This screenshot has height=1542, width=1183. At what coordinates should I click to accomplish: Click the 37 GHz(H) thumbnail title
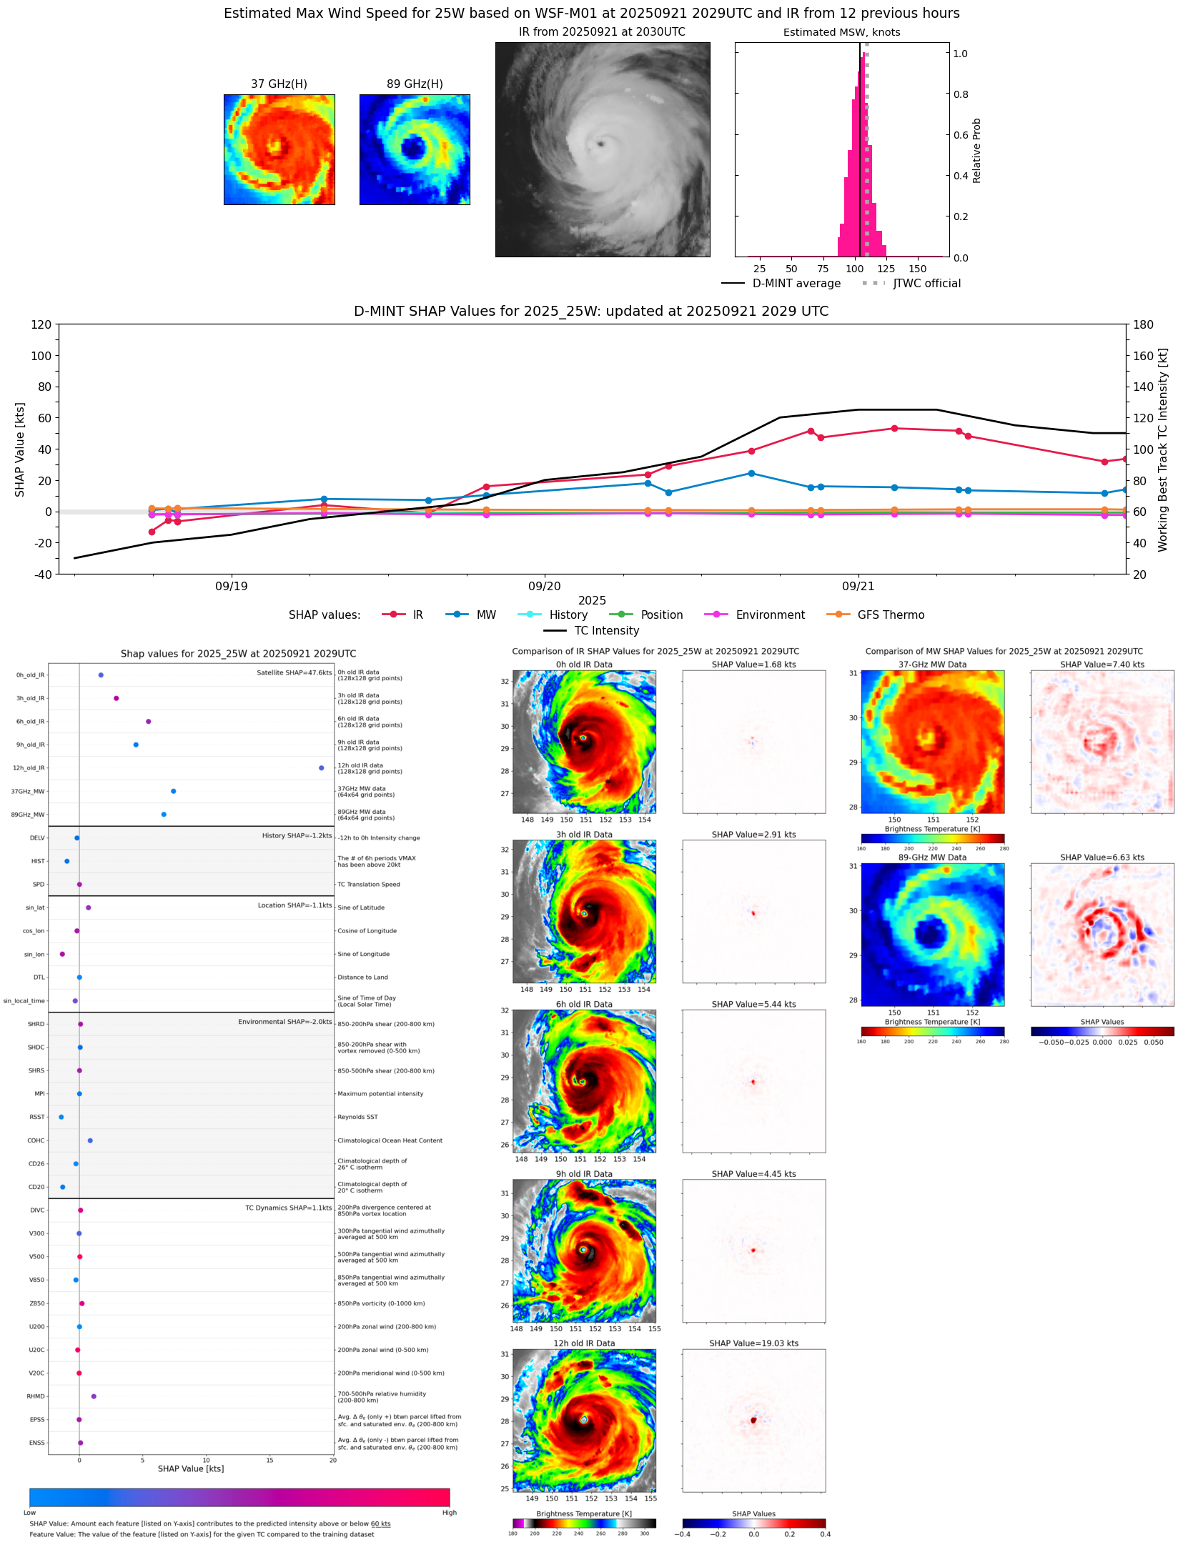[279, 84]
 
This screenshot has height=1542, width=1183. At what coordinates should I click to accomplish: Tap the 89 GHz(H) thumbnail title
[415, 84]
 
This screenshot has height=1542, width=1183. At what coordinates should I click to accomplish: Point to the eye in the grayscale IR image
[600, 144]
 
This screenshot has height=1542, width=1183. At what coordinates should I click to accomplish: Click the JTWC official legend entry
[926, 284]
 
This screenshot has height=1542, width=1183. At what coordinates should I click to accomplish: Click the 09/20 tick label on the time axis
[545, 587]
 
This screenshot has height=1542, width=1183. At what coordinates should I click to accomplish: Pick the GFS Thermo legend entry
[891, 615]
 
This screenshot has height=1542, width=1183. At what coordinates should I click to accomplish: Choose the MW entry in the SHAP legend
[486, 615]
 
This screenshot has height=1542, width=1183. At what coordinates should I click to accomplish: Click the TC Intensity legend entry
[606, 631]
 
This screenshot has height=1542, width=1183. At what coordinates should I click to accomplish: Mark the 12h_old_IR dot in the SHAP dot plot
[322, 768]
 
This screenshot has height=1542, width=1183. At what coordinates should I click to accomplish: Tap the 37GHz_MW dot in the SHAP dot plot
[174, 791]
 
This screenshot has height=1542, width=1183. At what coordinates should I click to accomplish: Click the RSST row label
[37, 1117]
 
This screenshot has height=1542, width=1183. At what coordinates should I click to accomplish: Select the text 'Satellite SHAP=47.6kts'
[294, 673]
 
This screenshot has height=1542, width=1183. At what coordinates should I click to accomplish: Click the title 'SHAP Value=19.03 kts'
[753, 1343]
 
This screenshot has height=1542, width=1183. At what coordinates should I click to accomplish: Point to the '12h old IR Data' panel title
[584, 1343]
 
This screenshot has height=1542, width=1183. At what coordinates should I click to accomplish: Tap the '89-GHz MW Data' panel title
[932, 857]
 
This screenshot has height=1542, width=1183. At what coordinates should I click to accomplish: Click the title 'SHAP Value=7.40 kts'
[1102, 665]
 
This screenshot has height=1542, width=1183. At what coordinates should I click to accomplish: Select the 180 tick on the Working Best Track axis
[1143, 324]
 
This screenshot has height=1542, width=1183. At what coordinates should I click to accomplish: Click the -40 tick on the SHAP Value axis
[41, 574]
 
